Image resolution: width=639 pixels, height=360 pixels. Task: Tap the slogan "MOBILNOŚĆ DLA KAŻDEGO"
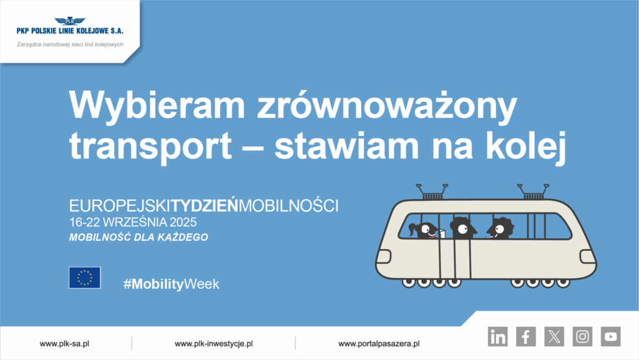[x=139, y=238]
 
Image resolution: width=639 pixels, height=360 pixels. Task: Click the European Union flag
[x=85, y=278]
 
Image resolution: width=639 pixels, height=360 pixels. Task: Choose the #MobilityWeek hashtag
[x=172, y=284]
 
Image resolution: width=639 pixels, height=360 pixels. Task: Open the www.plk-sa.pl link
[x=64, y=343]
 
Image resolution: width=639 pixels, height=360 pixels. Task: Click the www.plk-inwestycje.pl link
[x=213, y=343]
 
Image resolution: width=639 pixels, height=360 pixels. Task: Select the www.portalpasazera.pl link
[x=379, y=343]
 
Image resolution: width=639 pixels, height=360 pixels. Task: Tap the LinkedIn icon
[x=498, y=337]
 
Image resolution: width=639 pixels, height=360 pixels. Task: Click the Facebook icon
[x=526, y=337]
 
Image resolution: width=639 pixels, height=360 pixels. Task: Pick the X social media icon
[x=554, y=337]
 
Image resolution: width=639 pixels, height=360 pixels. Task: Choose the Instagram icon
[x=582, y=337]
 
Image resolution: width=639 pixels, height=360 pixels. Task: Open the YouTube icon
[x=610, y=337]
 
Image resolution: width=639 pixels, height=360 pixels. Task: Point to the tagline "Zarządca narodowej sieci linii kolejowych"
[x=70, y=44]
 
